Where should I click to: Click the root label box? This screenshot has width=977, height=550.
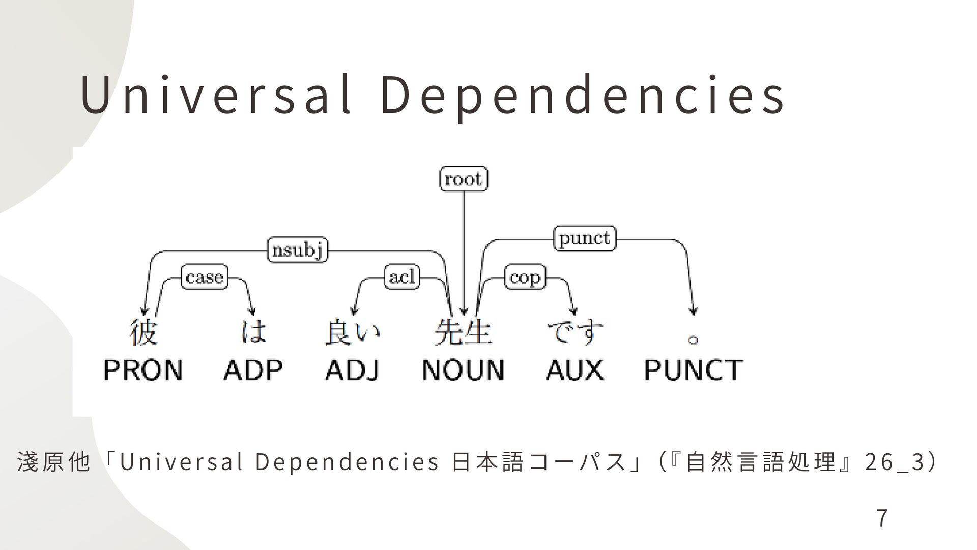(464, 179)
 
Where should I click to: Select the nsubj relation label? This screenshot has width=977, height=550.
(298, 251)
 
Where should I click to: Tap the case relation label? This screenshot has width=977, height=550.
(205, 278)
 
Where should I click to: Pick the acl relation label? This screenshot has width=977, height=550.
(402, 278)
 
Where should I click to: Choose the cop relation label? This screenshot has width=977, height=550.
(525, 278)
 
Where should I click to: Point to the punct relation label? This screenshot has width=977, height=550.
(584, 238)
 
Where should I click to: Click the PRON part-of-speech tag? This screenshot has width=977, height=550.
(143, 370)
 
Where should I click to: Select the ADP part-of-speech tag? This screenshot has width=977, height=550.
(253, 370)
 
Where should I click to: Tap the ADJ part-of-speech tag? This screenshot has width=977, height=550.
(353, 370)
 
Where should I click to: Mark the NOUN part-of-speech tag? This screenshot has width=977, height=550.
(463, 370)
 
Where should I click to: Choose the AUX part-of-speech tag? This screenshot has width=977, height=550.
(574, 370)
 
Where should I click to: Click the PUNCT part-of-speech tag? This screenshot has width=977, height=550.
(693, 370)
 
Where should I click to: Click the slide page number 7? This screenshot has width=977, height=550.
(882, 518)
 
